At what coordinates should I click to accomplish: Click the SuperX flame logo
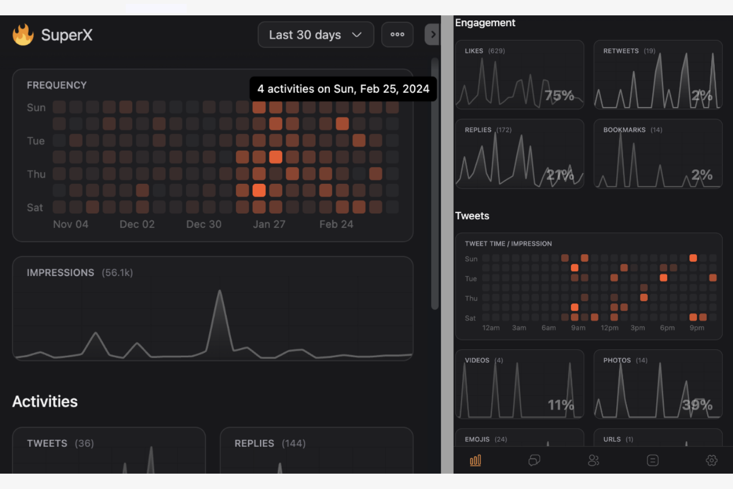coord(23,35)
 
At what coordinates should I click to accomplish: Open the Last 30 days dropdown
coord(315,35)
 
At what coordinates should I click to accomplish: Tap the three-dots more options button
coord(397,35)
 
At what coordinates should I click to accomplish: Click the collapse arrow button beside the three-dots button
coord(432,35)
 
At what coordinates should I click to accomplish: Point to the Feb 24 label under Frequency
coord(336,224)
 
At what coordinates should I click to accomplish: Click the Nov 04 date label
coord(70,224)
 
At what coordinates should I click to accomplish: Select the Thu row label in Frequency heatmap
coord(36,174)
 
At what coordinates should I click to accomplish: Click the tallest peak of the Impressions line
coord(219,292)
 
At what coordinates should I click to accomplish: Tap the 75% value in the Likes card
coord(559,95)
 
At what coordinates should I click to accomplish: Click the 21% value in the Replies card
coord(560,174)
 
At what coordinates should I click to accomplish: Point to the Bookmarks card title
coord(624,130)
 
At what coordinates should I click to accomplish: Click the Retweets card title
coord(621,51)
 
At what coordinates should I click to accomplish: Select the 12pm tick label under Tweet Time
coord(609,328)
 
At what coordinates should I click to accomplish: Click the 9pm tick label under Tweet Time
coord(696,328)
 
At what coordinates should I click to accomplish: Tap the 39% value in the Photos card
coord(697,405)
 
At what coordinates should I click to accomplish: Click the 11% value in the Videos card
coord(561,405)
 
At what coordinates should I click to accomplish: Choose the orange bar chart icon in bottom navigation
coord(475,461)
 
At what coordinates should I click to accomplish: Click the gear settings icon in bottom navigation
coord(711,461)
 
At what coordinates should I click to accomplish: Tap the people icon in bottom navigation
coord(593,461)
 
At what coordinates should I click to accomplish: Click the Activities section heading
coord(45,401)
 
